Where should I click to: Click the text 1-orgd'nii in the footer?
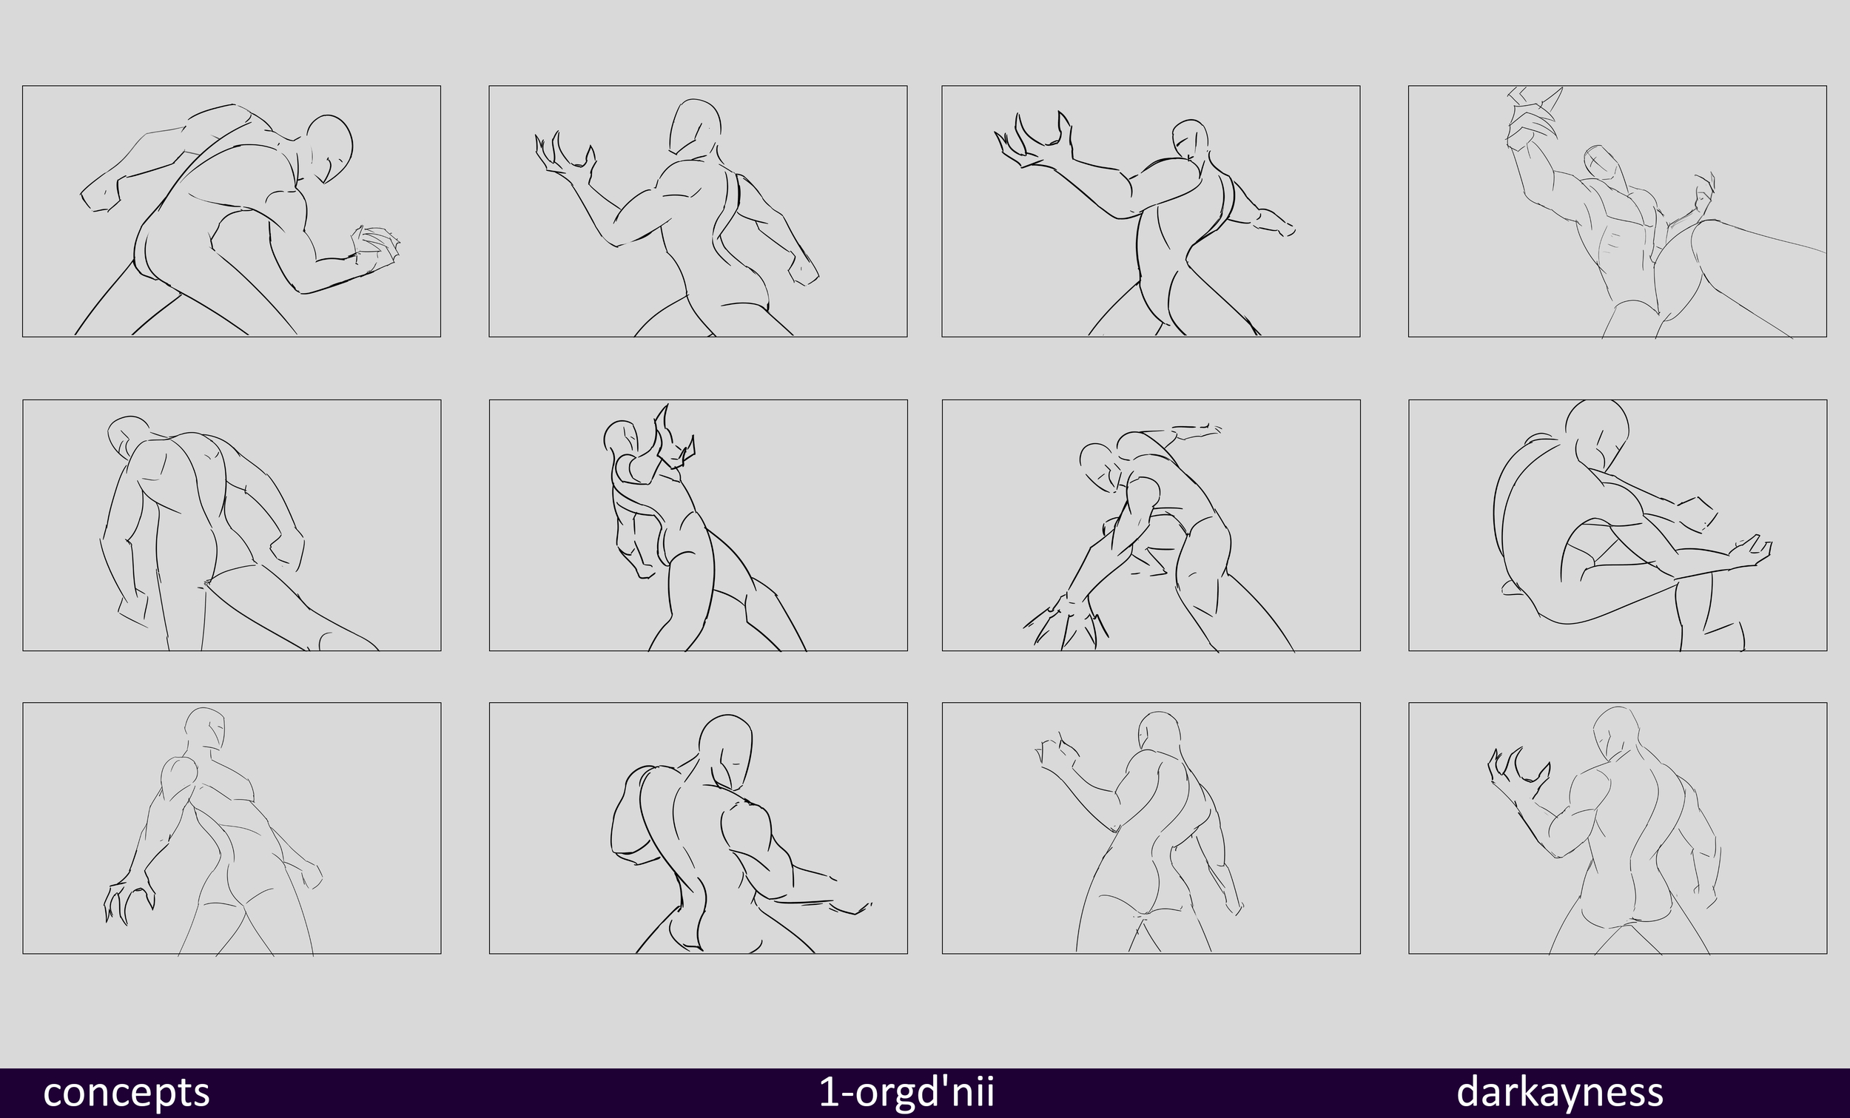coord(906,1092)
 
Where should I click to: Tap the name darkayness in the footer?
coord(1559,1092)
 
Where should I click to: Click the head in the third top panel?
coord(1190,139)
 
